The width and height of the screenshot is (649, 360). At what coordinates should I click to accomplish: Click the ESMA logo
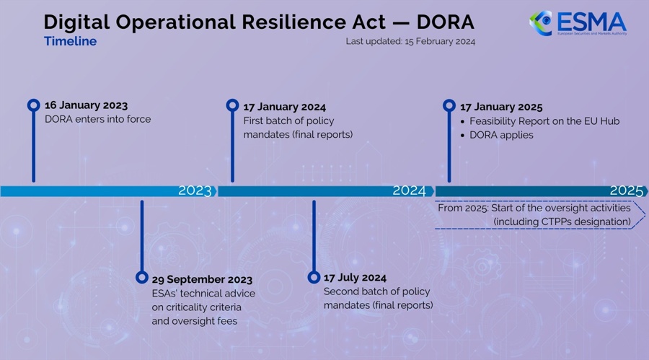point(578,23)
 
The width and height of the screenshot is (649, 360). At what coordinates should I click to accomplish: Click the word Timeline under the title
point(71,41)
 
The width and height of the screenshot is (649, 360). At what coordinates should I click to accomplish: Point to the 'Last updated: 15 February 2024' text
point(410,41)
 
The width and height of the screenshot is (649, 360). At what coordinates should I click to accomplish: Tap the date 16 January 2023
point(86,105)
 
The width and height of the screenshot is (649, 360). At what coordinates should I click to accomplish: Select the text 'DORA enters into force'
point(97,119)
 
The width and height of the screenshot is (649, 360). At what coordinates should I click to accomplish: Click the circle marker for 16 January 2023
point(33,105)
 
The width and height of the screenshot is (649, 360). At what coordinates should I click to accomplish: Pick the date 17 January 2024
point(284,107)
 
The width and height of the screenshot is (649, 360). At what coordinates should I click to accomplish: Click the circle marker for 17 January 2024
point(233,105)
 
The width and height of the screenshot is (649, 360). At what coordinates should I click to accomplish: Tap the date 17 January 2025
point(501,107)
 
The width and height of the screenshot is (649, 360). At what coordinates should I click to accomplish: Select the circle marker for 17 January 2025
point(449,105)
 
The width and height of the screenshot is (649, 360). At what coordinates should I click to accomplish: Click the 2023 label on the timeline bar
point(195,190)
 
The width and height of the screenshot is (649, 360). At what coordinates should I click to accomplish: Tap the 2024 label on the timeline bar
point(409,190)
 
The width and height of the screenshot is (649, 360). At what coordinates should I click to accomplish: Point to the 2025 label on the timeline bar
point(626,190)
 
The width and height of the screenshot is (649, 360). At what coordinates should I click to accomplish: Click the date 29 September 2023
point(202,280)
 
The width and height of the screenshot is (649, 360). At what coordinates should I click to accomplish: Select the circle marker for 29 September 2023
point(142,277)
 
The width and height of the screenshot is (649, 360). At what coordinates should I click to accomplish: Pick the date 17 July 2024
point(355,278)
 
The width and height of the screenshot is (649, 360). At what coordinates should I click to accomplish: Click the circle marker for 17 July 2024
point(314,277)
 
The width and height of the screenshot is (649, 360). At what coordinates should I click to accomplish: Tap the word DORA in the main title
point(445,22)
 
